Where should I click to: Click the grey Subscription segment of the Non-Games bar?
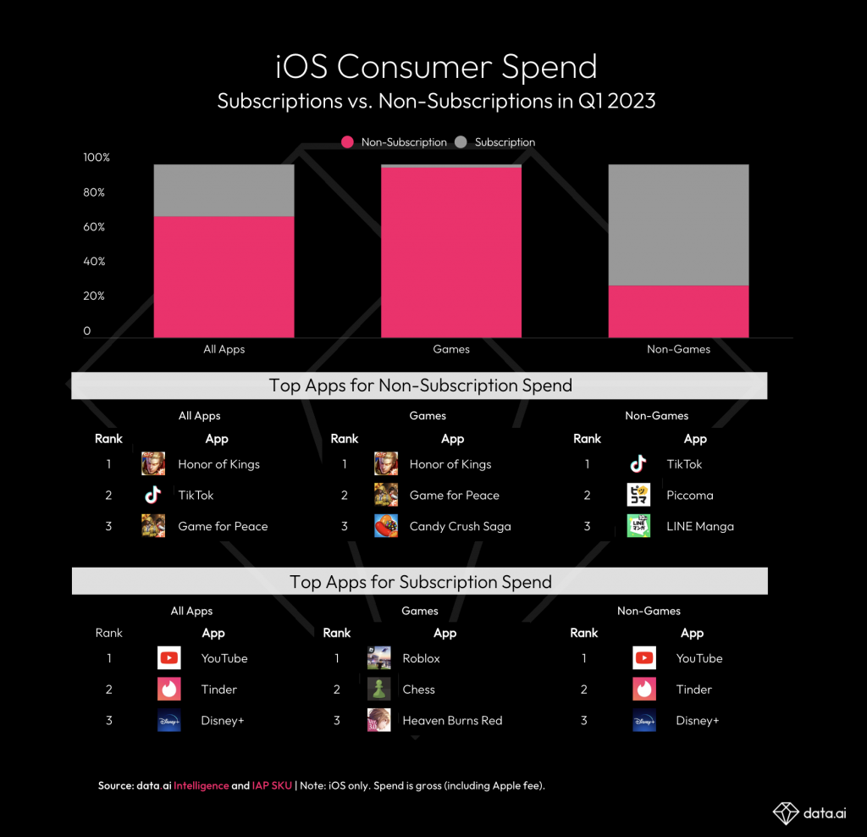pyautogui.click(x=678, y=224)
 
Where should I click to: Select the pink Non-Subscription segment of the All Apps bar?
pyautogui.click(x=224, y=276)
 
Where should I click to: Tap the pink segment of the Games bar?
pyautogui.click(x=450, y=252)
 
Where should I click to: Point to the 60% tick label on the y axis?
pyautogui.click(x=94, y=227)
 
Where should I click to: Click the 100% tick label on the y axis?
pyautogui.click(x=97, y=158)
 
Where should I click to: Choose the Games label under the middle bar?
pyautogui.click(x=451, y=349)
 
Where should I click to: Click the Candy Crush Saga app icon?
pyautogui.click(x=386, y=526)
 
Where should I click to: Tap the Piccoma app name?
pyautogui.click(x=690, y=496)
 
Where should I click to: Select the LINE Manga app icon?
pyautogui.click(x=638, y=526)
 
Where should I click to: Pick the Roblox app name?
pyautogui.click(x=422, y=658)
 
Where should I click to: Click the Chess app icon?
pyautogui.click(x=378, y=690)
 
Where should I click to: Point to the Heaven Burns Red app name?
pyautogui.click(x=452, y=721)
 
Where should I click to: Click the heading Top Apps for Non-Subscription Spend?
pyautogui.click(x=420, y=385)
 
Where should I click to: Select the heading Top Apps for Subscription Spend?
pyautogui.click(x=420, y=582)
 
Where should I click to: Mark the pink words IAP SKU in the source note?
pyautogui.click(x=271, y=786)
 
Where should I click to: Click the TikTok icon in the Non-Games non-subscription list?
pyautogui.click(x=638, y=464)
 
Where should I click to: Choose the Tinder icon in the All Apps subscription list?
pyautogui.click(x=169, y=690)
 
